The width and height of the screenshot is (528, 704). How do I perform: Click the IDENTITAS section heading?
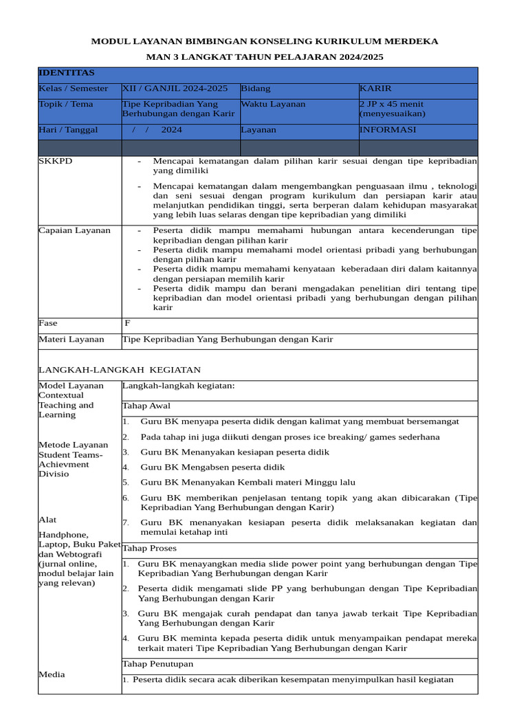[67, 73]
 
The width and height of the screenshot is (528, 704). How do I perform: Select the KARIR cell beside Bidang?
[375, 89]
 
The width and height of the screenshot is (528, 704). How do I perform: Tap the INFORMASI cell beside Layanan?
[388, 130]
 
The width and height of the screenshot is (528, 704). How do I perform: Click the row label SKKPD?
[56, 161]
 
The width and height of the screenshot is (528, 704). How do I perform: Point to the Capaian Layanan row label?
[74, 230]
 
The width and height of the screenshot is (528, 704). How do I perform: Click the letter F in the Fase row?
[127, 323]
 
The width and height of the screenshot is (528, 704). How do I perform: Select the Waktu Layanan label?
[273, 104]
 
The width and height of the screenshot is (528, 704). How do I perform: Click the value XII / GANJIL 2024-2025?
[175, 89]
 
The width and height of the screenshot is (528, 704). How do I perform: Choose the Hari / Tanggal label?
[68, 130]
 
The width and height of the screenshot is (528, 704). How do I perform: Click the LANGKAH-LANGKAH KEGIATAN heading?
[120, 370]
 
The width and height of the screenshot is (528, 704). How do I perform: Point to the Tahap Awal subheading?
[146, 406]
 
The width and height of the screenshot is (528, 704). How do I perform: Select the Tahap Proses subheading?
[149, 549]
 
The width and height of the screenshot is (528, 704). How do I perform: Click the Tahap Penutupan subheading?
[157, 664]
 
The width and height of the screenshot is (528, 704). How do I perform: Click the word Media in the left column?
[52, 674]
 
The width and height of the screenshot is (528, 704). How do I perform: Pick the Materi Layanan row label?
[71, 339]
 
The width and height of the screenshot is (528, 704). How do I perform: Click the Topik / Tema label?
[66, 104]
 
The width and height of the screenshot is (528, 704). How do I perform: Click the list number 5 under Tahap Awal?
[126, 483]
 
